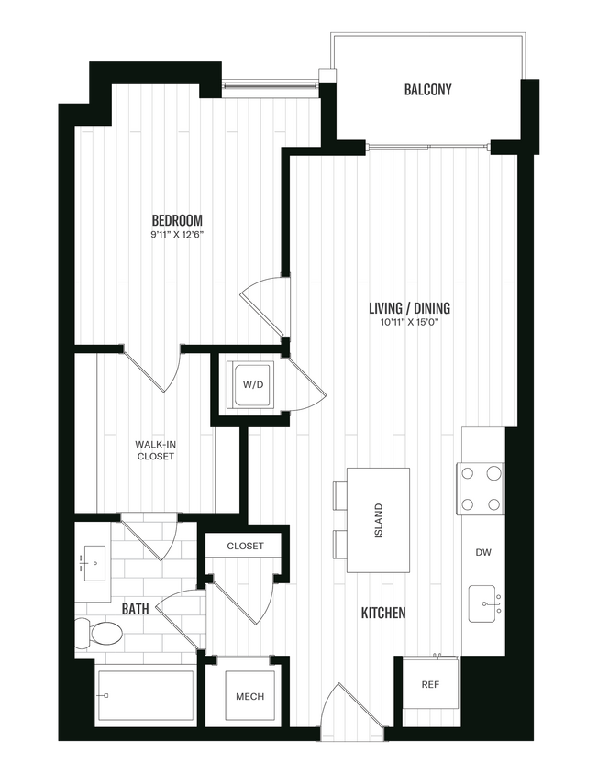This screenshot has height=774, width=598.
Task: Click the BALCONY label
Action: click(428, 90)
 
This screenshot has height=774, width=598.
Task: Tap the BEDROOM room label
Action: click(177, 220)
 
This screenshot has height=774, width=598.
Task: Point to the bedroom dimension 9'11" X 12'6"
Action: click(177, 235)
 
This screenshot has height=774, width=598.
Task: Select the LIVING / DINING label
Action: click(409, 308)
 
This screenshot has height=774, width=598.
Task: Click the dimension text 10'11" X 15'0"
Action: click(409, 323)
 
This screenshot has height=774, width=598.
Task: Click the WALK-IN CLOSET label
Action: click(155, 450)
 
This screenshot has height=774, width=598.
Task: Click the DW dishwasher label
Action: click(482, 553)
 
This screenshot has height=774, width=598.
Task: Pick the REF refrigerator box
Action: click(430, 684)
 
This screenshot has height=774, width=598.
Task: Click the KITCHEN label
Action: click(383, 613)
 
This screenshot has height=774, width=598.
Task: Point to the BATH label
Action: click(136, 608)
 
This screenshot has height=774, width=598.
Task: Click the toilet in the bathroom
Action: click(100, 633)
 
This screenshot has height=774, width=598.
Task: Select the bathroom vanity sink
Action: click(94, 560)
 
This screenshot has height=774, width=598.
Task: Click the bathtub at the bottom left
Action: click(145, 696)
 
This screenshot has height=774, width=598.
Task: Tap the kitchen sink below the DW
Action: click(483, 603)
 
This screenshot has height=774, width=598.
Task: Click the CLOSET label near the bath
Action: click(246, 546)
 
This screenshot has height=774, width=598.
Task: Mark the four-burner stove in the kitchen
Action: click(482, 489)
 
